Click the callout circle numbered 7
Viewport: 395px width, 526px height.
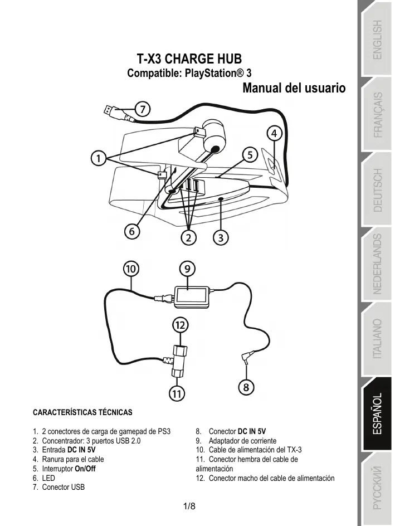tap(143, 109)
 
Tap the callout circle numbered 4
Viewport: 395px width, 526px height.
tap(274, 134)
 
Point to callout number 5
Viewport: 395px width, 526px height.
tap(250, 153)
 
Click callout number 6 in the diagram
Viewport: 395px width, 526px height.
tap(132, 230)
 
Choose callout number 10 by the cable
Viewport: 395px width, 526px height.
tap(131, 269)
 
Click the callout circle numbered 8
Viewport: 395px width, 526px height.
tap(246, 386)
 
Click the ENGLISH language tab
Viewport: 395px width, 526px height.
tap(377, 40)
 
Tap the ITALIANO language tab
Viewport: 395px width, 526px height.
tap(377, 339)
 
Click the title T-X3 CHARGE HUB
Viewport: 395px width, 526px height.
tap(189, 59)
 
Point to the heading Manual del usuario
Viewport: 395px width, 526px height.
tap(294, 88)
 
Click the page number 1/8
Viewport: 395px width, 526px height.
tap(189, 506)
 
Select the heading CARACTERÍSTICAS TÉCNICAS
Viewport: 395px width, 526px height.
tap(83, 413)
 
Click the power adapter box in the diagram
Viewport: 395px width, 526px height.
tap(191, 295)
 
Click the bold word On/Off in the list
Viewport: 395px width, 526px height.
tap(85, 469)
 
